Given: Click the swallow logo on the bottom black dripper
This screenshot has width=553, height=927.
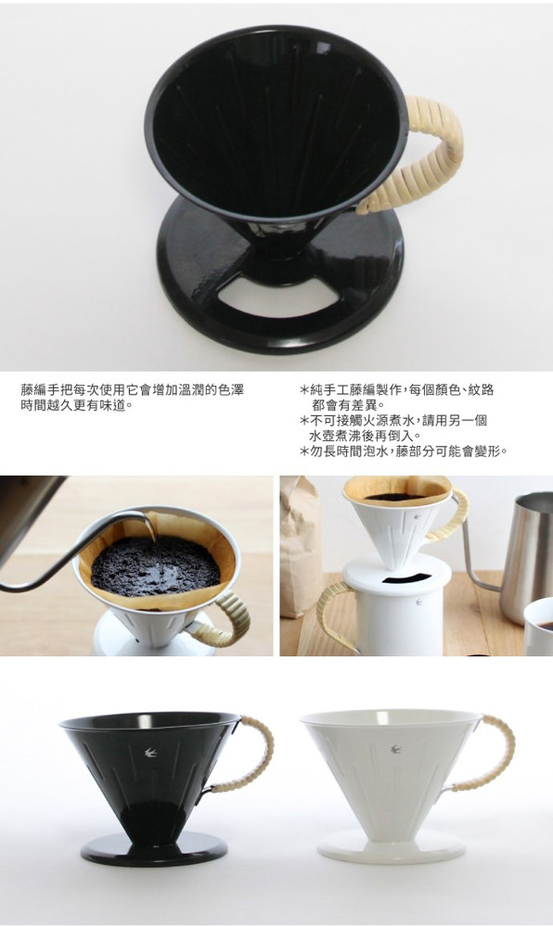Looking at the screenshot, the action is [150, 752].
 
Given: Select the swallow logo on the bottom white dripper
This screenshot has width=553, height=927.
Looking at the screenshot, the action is [395, 749].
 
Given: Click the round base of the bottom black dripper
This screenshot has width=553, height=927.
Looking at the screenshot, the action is [154, 849].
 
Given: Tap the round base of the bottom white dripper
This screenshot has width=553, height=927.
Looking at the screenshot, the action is [391, 848].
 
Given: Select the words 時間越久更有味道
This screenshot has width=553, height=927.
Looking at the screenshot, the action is [70, 406].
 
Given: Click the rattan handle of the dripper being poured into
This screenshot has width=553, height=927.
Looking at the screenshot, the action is [231, 617].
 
